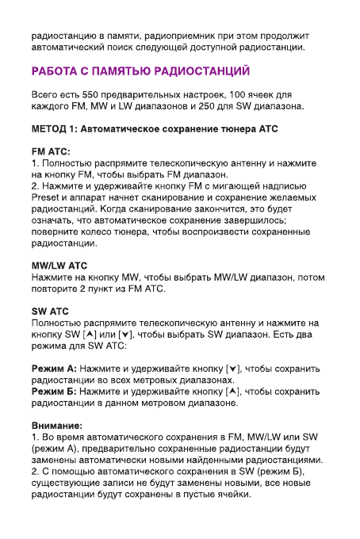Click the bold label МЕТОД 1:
click(x=57, y=128)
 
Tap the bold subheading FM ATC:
click(x=51, y=151)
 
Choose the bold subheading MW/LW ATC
click(x=59, y=266)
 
